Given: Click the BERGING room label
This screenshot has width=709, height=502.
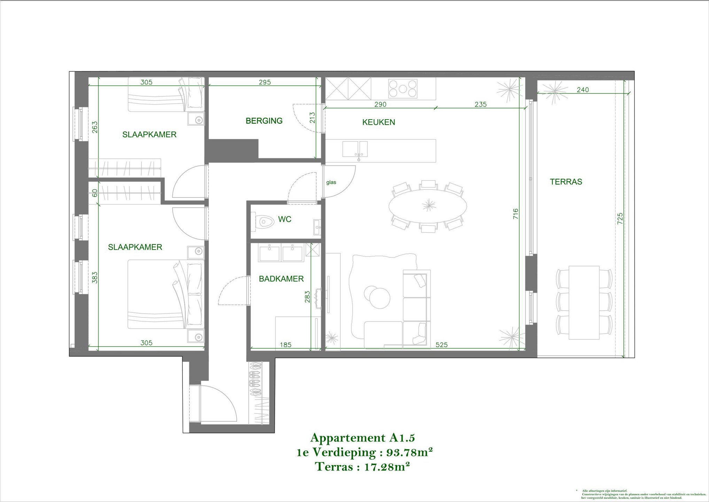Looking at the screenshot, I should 264,121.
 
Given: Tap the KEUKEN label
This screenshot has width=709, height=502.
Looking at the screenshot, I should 379,122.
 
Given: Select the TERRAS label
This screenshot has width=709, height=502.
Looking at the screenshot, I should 566,182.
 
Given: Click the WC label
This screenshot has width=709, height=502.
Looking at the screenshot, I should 285,219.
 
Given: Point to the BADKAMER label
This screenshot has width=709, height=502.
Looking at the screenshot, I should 281,279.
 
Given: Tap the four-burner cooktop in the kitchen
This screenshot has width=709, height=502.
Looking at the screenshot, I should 403,89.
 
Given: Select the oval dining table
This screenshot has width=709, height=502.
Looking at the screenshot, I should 428,206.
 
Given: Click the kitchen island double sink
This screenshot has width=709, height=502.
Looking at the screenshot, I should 355,149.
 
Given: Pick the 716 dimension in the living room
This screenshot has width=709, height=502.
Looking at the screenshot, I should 516,214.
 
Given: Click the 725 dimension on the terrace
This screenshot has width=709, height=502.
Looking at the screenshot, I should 620,218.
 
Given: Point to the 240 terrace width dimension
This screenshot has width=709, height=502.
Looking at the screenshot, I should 583,90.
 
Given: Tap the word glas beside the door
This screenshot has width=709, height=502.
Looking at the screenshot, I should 331,182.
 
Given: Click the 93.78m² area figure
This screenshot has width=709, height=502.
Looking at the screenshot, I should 410,452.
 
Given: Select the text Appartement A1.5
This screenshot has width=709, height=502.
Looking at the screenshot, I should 363,438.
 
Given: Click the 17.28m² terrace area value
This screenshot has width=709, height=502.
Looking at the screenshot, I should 387,467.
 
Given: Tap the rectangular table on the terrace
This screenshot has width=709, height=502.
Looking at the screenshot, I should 584,302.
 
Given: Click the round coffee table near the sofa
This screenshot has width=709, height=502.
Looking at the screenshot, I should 379,297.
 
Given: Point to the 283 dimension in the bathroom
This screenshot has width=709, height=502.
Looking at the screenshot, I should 307,297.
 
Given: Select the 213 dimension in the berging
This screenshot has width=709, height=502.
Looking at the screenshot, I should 312,117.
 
